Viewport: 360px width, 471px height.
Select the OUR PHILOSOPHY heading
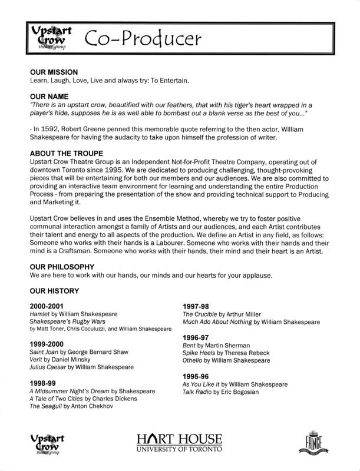click(x=61, y=266)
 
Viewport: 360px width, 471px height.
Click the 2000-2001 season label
click(x=48, y=306)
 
